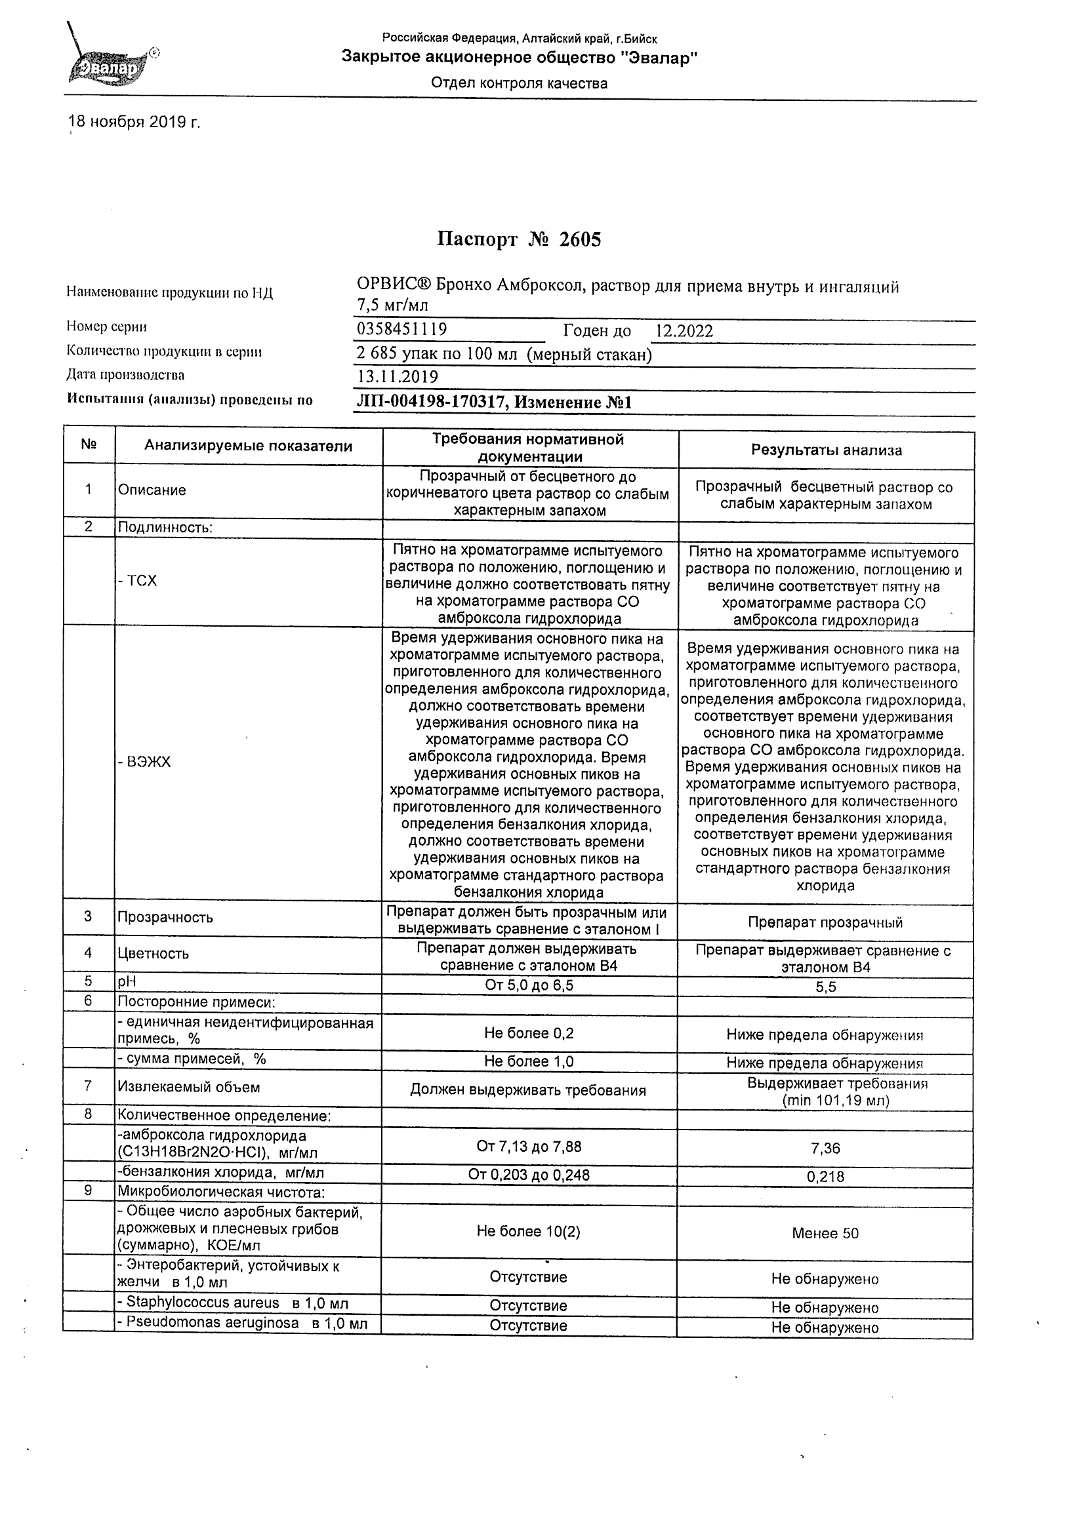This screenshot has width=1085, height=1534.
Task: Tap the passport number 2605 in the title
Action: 580,239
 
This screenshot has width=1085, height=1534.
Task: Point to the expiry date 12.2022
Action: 684,330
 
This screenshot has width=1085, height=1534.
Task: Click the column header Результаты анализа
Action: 827,450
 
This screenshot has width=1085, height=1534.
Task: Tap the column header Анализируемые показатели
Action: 248,446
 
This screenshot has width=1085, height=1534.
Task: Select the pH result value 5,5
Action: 826,987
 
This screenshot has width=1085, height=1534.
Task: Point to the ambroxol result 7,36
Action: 826,1149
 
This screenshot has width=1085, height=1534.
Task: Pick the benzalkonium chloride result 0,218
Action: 826,1177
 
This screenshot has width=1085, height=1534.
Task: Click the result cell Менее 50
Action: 825,1233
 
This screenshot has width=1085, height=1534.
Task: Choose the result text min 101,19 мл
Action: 836,1100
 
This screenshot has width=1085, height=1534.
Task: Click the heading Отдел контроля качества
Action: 519,83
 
